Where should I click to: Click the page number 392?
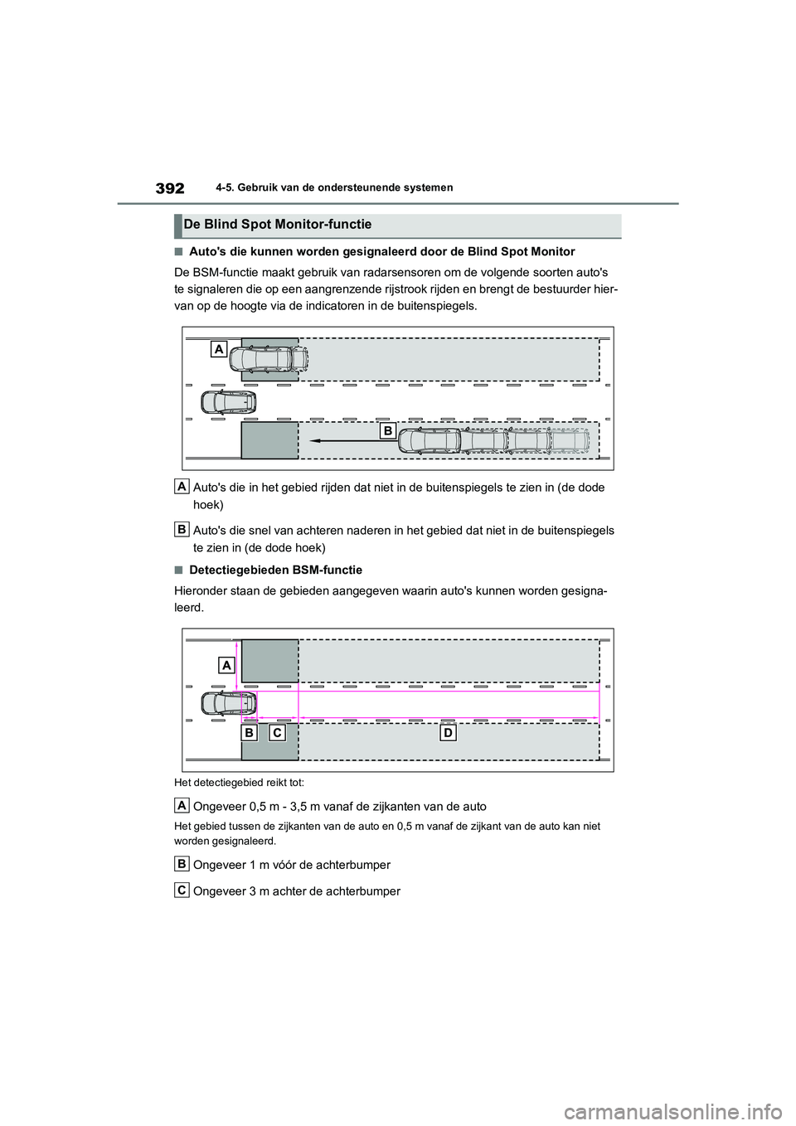point(169,188)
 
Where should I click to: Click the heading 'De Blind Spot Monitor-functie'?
point(278,225)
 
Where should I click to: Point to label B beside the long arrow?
point(387,430)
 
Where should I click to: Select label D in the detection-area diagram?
point(448,733)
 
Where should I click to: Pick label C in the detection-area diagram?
point(277,733)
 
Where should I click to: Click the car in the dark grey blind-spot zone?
point(269,359)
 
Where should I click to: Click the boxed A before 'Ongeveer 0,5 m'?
point(182,805)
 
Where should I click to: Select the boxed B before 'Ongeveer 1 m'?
point(182,864)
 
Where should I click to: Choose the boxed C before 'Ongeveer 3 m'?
point(182,890)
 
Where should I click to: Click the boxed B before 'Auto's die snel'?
point(182,529)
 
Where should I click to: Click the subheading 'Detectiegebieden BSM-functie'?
point(275,570)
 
